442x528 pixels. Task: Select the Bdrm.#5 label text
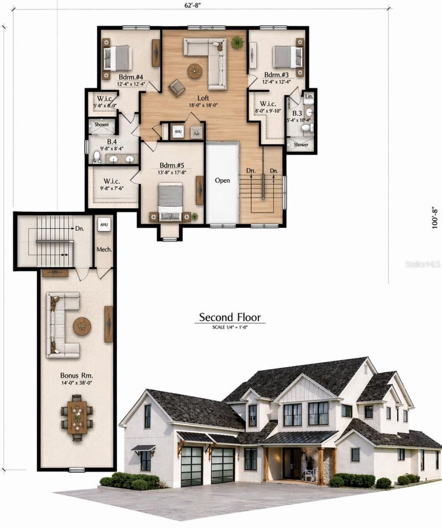pyautogui.click(x=172, y=165)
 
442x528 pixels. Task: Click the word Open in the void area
pyautogui.click(x=222, y=180)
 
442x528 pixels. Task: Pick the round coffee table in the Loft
pyautogui.click(x=195, y=71)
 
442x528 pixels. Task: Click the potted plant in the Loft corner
pyautogui.click(x=237, y=42)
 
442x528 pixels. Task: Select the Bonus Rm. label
pyautogui.click(x=77, y=375)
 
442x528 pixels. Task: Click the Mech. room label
pyautogui.click(x=104, y=250)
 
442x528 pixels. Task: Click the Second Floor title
pyautogui.click(x=230, y=318)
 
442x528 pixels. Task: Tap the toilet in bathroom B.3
pyautogui.click(x=306, y=127)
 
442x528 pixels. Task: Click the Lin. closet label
pyautogui.click(x=309, y=96)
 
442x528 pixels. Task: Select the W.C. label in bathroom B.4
pyautogui.click(x=96, y=161)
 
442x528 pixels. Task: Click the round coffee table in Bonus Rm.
pyautogui.click(x=82, y=326)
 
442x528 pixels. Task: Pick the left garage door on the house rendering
pyautogui.click(x=192, y=466)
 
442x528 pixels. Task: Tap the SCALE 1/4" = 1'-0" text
pyautogui.click(x=230, y=328)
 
